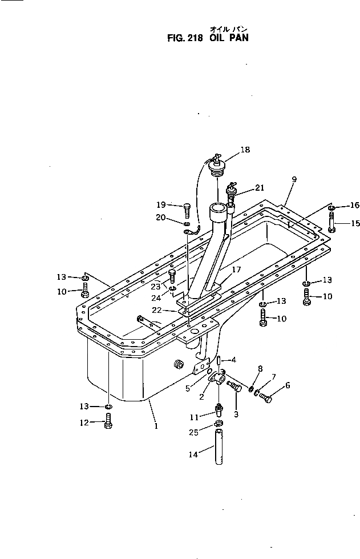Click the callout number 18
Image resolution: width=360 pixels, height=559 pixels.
245,150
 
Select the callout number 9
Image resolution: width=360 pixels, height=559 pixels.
293,179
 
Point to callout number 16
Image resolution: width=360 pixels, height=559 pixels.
355,206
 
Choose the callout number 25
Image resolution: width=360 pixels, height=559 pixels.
194,433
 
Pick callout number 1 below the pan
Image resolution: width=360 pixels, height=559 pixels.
156,426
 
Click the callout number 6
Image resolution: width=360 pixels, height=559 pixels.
287,385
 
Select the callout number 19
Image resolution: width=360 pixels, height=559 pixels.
161,204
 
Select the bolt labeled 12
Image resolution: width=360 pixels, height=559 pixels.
109,423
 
